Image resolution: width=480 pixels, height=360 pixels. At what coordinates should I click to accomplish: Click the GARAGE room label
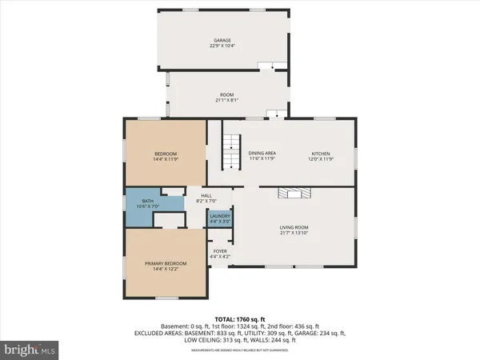[x=222, y=39]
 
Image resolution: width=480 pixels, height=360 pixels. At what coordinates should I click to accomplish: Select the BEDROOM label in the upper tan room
[x=166, y=154]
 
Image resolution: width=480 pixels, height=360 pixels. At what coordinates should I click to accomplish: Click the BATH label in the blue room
[x=147, y=201]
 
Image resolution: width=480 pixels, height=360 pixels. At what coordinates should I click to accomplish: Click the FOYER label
[x=219, y=250]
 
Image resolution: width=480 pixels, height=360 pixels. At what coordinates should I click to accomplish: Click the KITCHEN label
[x=320, y=154]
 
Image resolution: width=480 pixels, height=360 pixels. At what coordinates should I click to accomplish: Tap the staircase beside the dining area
[x=230, y=151]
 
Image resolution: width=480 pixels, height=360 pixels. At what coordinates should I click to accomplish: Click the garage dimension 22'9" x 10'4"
[x=222, y=45]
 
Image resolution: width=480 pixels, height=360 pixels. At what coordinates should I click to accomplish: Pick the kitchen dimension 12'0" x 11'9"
[x=320, y=158]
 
